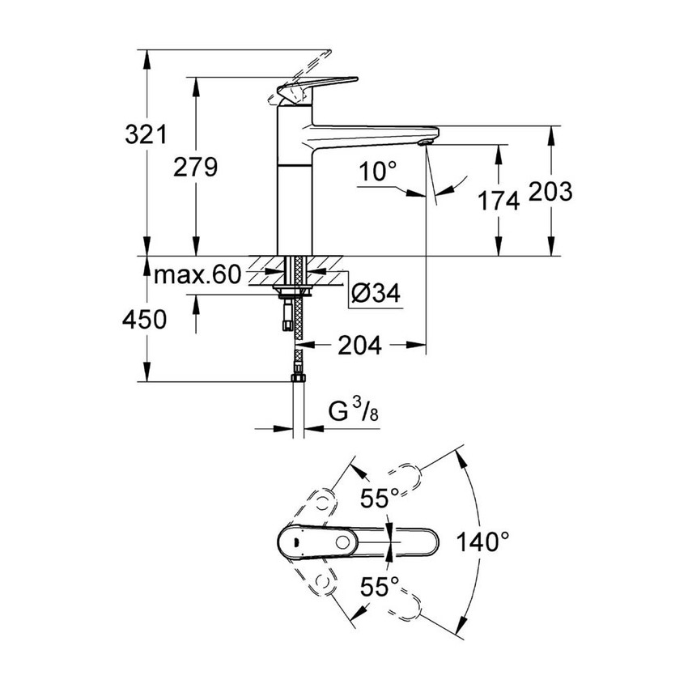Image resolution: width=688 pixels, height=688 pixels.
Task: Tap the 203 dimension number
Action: (551, 192)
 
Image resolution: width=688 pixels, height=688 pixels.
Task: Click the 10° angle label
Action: (379, 172)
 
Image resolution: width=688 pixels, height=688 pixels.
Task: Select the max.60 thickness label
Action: (197, 276)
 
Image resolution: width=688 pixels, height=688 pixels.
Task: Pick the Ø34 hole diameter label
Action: (375, 295)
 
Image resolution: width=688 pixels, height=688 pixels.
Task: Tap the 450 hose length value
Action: (146, 321)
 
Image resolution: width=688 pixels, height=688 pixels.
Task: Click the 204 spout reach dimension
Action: (359, 346)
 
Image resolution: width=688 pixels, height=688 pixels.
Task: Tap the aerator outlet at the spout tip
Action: (427, 143)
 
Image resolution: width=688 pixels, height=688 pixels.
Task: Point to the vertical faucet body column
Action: (295, 186)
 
